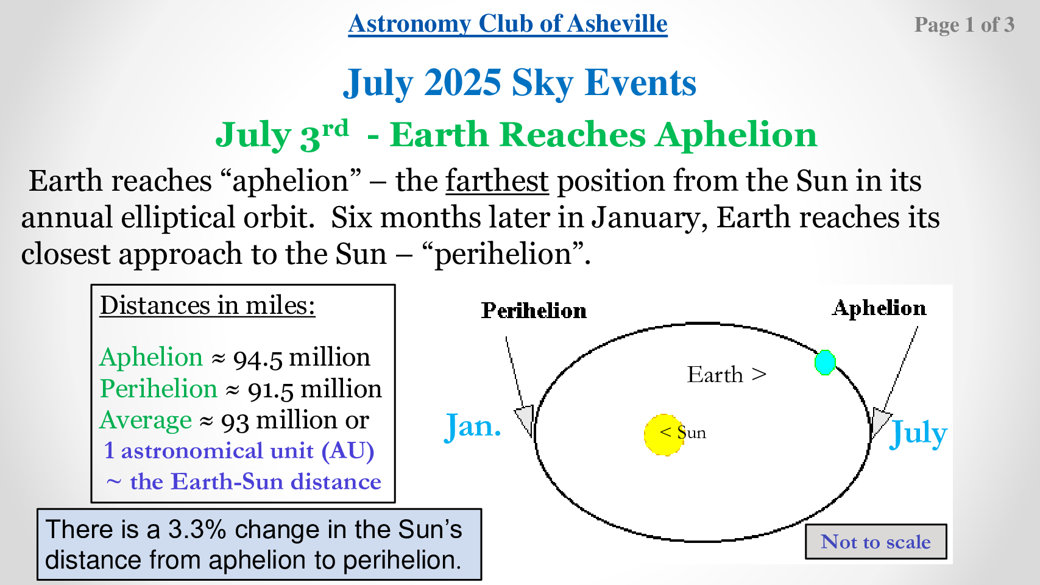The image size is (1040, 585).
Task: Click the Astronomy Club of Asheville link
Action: (x=508, y=24)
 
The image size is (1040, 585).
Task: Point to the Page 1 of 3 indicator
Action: (x=964, y=24)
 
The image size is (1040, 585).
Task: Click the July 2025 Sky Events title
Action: (x=520, y=83)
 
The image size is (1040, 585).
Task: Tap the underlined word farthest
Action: (x=497, y=180)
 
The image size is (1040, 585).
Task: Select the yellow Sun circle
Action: (x=664, y=434)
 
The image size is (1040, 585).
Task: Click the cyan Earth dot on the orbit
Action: (x=825, y=363)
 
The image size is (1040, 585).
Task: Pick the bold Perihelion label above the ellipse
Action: (x=534, y=311)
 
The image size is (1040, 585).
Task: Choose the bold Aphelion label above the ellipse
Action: (x=879, y=308)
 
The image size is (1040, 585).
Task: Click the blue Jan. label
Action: (x=473, y=427)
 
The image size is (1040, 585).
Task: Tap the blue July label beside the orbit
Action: (x=918, y=433)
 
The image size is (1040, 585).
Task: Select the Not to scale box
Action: (x=876, y=542)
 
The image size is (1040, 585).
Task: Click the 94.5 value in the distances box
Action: (x=258, y=358)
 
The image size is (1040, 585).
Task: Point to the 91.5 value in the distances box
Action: (x=271, y=389)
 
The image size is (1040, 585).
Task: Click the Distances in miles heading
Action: (x=208, y=306)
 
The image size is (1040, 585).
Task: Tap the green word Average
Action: (x=146, y=420)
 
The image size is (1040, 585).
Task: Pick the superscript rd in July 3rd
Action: (x=335, y=128)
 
